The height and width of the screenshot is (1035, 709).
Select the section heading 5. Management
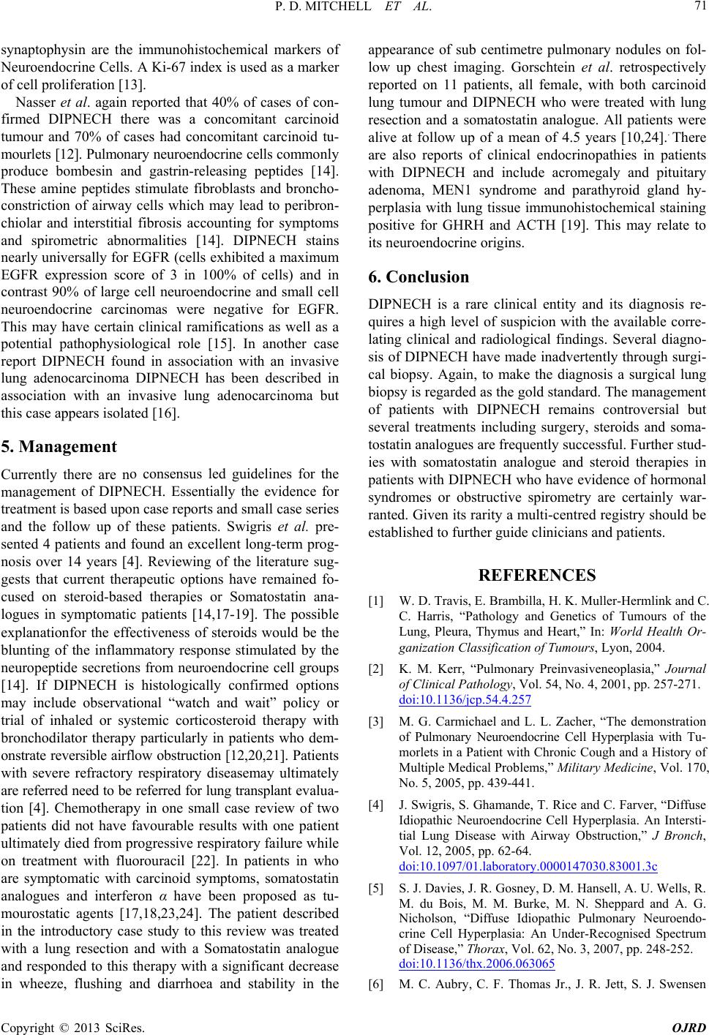59,446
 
